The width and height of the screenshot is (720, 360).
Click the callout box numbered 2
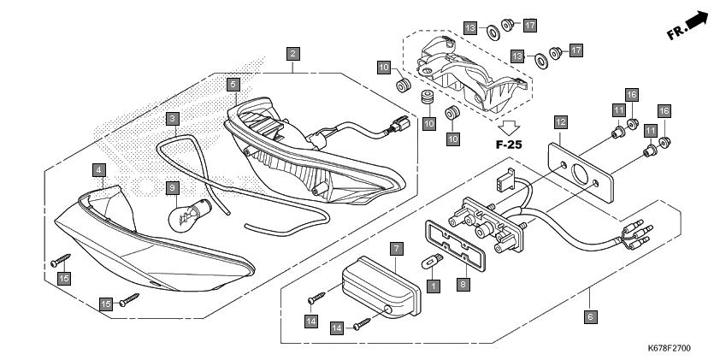pos(293,54)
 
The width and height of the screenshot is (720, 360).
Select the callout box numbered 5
pos(233,84)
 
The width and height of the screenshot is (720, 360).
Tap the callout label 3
pos(172,119)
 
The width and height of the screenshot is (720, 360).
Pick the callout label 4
pos(98,170)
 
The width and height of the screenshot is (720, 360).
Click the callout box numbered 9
pos(172,188)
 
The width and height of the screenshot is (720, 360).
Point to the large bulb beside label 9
pos(190,215)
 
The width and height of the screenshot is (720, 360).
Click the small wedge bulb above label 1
pos(432,263)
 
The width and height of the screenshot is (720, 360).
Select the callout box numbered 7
pos(397,250)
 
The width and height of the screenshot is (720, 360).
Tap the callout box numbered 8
pos(463,285)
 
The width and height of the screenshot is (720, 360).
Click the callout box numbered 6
pos(591,316)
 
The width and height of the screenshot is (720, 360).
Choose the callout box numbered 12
pos(561,122)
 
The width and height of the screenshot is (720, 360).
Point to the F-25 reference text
pos(509,145)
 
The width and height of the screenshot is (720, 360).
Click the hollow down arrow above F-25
pos(509,127)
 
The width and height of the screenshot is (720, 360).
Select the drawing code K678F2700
pos(669,349)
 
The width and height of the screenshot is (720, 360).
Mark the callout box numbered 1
pos(433,286)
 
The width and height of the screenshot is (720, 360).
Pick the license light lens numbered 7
pos(382,286)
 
